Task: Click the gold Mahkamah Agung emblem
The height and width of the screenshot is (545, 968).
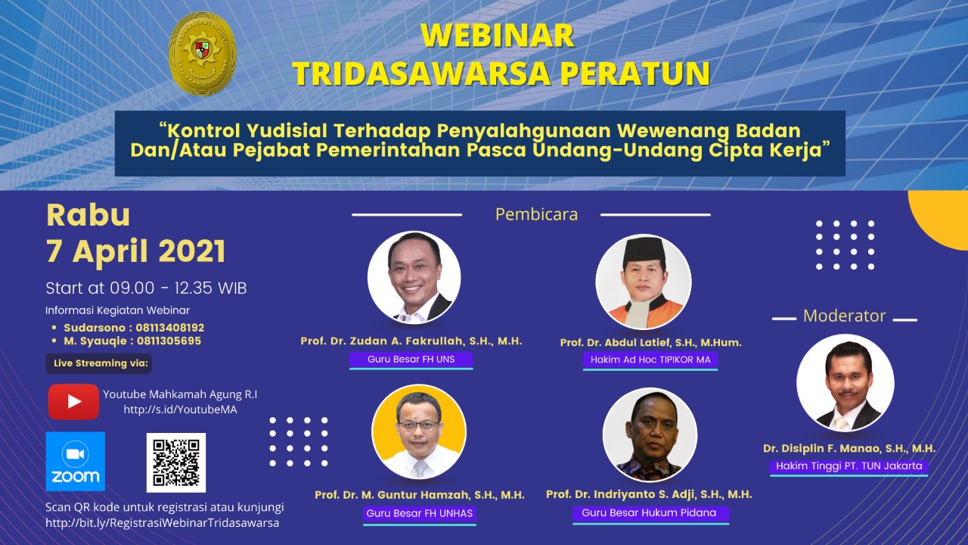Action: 202,54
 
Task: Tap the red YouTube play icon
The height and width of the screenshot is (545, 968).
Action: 73,401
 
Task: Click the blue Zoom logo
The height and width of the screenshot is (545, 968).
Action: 76,462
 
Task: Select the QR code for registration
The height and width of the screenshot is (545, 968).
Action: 176,462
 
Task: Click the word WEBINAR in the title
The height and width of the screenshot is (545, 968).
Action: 498,36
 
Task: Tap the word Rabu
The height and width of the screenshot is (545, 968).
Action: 88,216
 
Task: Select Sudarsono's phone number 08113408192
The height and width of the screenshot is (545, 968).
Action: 170,328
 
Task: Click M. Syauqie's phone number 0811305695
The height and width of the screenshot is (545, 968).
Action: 169,341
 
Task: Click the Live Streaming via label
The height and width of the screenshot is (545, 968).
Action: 99,363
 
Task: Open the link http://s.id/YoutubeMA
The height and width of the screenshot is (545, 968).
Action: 180,410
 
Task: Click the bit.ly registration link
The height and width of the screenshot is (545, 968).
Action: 162,523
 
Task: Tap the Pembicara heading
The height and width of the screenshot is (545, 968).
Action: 536,214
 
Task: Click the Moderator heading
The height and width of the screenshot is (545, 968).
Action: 845,316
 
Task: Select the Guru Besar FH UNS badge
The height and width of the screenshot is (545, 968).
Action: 411,360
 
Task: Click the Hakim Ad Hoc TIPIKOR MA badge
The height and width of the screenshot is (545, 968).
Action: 650,360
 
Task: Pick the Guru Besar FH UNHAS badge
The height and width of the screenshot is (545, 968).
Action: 420,514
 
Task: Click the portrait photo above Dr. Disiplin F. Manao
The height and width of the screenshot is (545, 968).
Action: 845,383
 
